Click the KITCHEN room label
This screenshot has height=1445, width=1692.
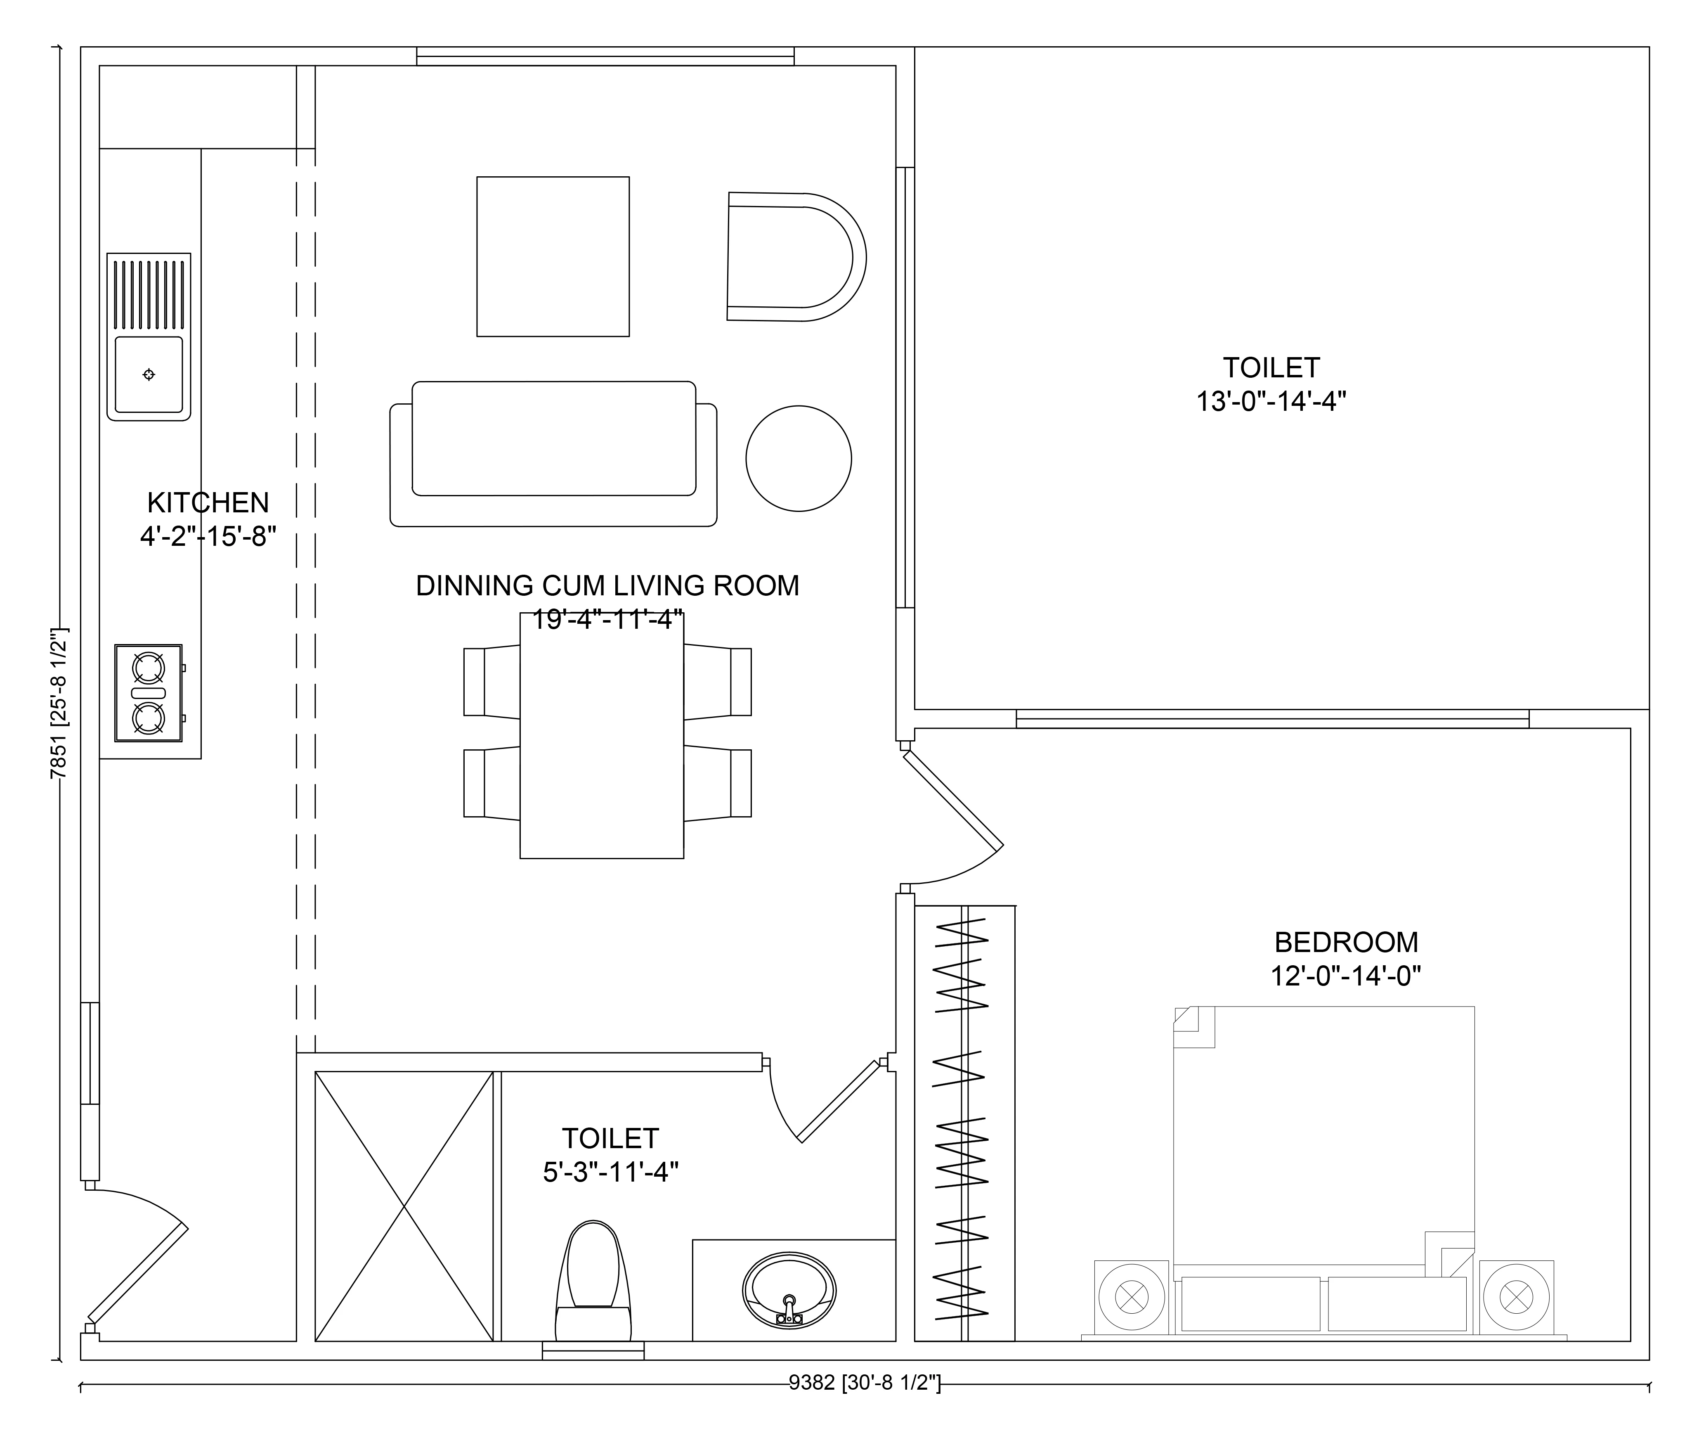[x=208, y=502]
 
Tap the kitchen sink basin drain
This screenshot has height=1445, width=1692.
[x=149, y=374]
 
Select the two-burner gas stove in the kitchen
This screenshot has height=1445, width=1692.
[x=149, y=693]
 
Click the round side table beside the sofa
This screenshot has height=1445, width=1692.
[x=799, y=458]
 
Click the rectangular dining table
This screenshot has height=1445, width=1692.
[x=602, y=735]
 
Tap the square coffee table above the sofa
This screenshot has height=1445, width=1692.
[x=553, y=256]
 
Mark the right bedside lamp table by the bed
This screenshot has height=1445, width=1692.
[x=1517, y=1296]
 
